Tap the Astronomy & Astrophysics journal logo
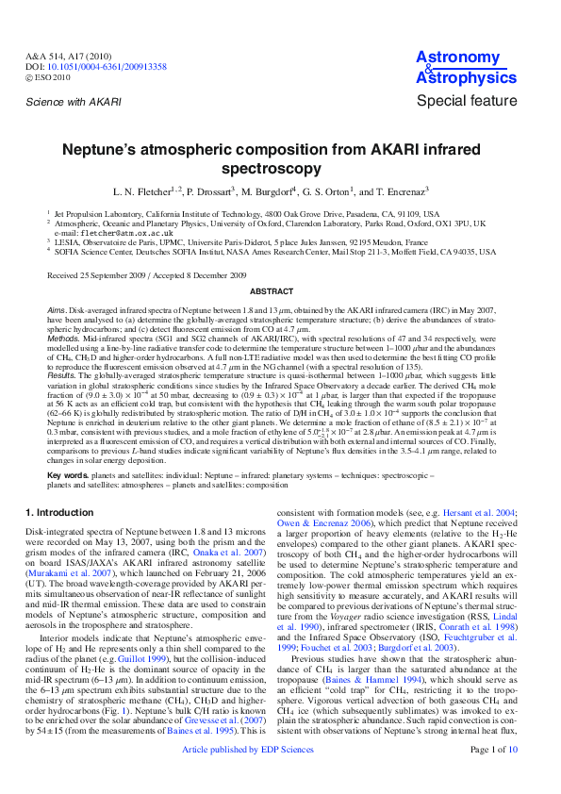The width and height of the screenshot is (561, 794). pyautogui.click(x=460, y=67)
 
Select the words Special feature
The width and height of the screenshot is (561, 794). pyautogui.click(x=467, y=101)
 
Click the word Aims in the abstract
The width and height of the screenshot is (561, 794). pyautogui.click(x=56, y=309)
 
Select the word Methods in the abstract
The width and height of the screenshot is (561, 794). pyautogui.click(x=63, y=336)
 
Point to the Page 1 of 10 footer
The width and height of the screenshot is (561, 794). pyautogui.click(x=493, y=775)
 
